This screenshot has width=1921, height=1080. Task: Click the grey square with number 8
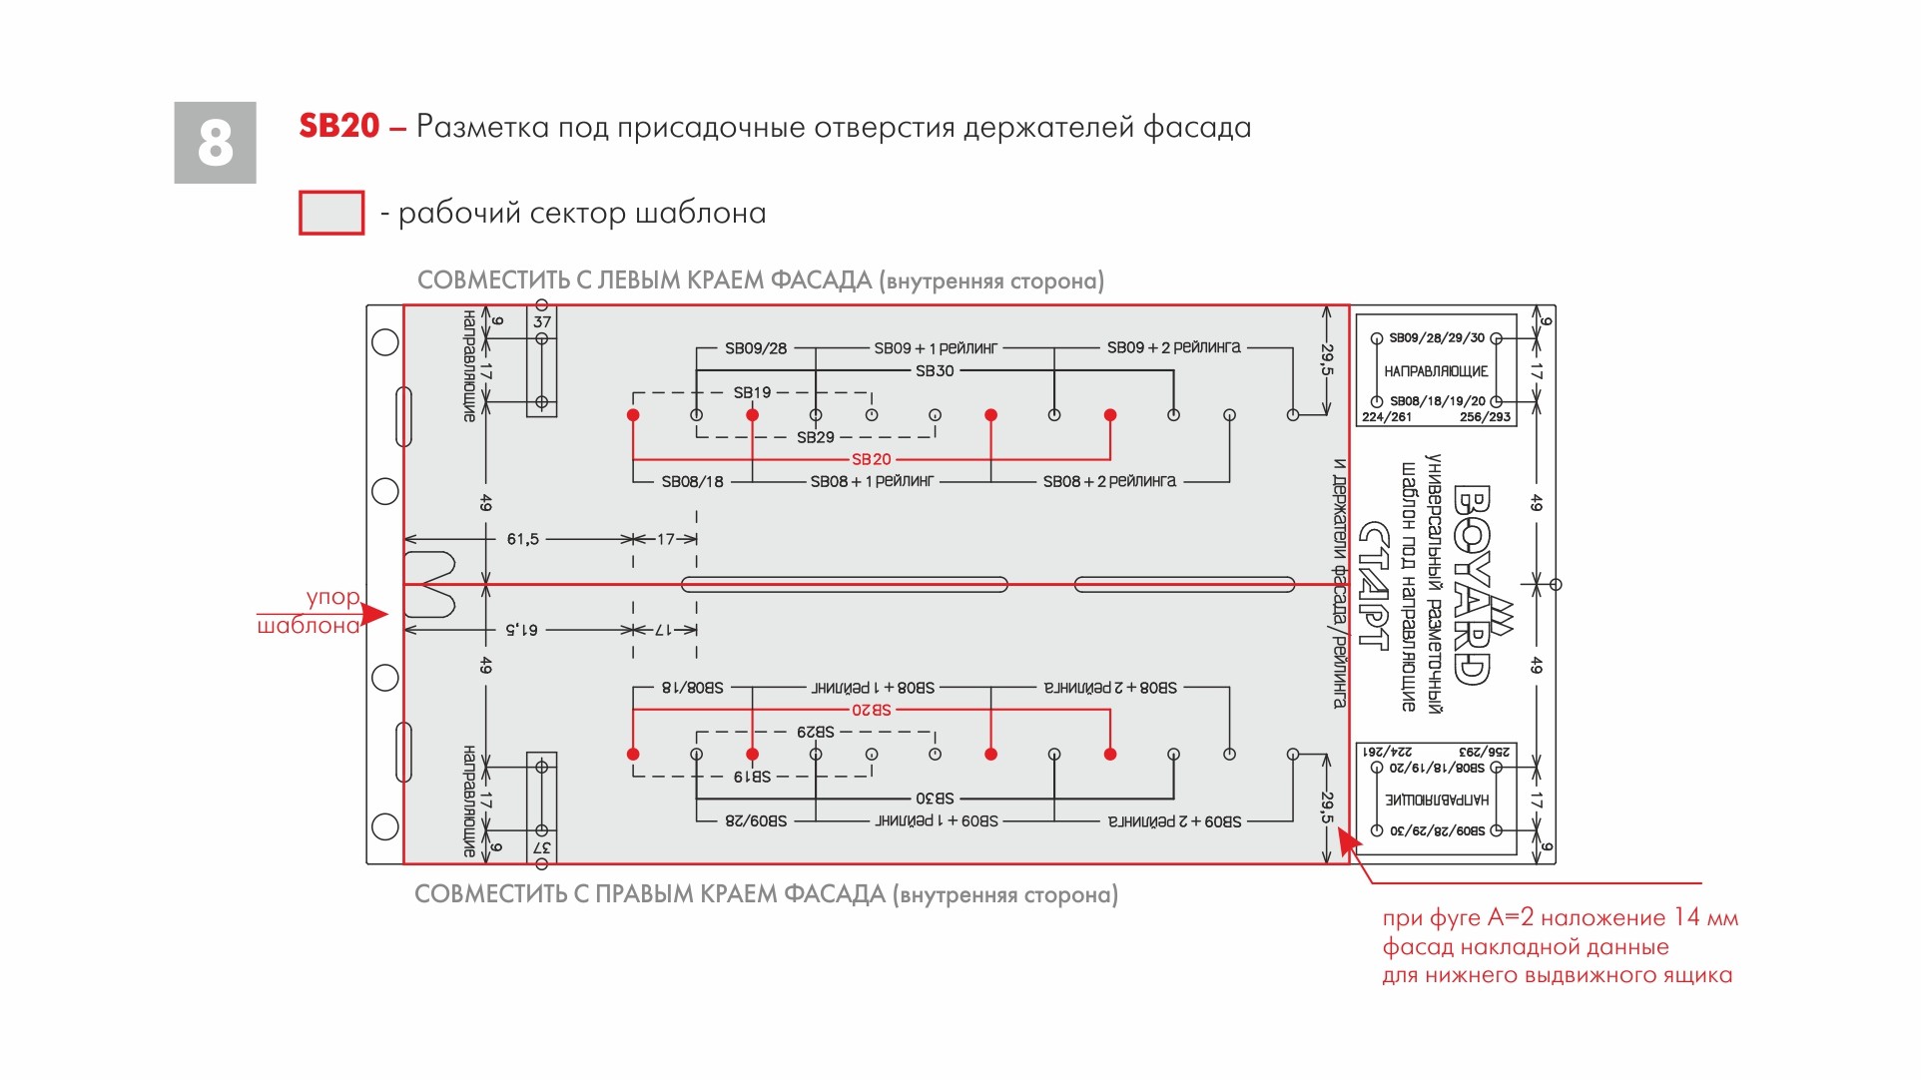215,142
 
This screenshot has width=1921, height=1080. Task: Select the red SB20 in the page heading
339,126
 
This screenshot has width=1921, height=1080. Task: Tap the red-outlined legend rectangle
331,213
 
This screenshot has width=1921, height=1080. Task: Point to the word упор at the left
332,597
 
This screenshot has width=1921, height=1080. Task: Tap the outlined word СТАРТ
1375,585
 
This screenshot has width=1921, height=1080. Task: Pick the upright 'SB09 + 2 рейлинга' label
1173,347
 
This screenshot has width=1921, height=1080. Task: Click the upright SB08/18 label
692,481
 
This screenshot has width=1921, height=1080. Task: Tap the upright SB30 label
935,370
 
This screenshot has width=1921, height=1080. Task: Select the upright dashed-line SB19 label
752,392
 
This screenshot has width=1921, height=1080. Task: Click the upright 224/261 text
1387,417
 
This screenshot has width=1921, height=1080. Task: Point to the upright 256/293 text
1485,417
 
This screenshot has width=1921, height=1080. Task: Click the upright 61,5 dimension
522,539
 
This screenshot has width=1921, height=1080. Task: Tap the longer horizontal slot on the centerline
844,584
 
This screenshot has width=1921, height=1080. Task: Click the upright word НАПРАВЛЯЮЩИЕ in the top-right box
1436,371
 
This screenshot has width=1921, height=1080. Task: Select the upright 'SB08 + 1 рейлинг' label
872,481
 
